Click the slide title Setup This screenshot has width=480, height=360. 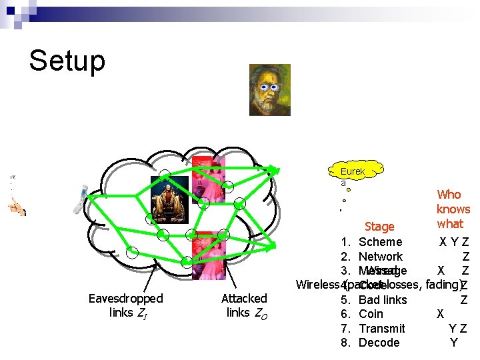point(67,61)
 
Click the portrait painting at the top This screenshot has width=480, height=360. point(269,89)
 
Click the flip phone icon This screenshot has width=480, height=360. point(80,199)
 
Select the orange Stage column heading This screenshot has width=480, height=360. point(379,227)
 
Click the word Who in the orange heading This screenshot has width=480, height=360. point(449,195)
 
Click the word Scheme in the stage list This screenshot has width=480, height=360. point(380,242)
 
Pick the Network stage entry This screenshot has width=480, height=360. point(380,257)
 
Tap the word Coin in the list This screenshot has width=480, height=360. point(371,314)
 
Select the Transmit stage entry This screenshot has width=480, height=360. point(381,329)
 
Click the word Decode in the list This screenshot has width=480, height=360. point(379,343)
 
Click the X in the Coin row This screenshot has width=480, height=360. point(440,314)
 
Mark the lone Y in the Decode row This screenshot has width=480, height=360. point(453,343)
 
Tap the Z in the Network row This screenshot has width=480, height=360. point(465,257)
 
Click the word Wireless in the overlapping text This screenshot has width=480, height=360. point(317,285)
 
